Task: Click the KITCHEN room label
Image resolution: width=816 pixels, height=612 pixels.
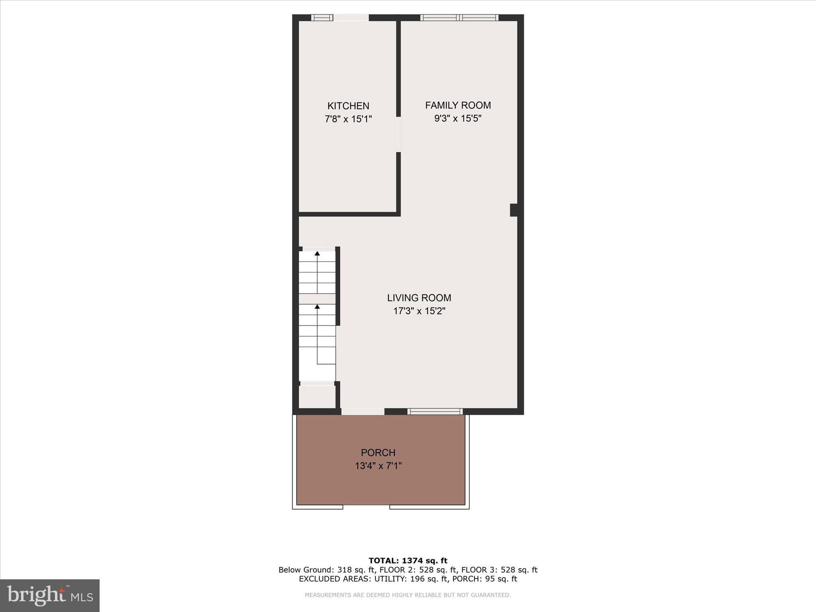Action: click(348, 106)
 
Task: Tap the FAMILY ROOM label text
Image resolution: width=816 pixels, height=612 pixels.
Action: click(458, 106)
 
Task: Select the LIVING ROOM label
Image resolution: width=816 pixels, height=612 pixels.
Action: click(419, 298)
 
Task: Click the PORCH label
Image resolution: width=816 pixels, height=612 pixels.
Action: click(378, 453)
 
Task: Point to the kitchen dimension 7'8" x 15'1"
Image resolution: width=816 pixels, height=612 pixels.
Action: click(348, 119)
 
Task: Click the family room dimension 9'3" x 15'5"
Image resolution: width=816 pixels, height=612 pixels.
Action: click(458, 119)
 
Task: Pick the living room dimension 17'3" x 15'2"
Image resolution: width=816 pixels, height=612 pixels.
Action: click(419, 311)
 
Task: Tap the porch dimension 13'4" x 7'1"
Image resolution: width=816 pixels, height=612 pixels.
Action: click(378, 466)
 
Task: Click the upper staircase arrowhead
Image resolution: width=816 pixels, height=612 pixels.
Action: click(317, 253)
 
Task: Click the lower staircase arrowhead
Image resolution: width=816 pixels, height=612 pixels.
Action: click(317, 306)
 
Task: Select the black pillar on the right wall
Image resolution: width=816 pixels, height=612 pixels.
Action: click(514, 210)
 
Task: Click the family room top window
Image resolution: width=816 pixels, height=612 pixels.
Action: click(459, 18)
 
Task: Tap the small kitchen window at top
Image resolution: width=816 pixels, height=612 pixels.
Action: click(322, 18)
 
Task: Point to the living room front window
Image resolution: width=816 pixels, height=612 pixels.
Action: click(435, 412)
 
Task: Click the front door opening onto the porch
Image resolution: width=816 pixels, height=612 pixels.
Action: click(363, 412)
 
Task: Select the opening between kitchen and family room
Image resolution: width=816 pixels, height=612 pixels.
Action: click(398, 134)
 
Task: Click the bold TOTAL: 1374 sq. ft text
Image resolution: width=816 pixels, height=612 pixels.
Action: click(408, 561)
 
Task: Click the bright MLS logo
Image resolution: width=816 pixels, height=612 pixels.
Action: click(50, 595)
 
